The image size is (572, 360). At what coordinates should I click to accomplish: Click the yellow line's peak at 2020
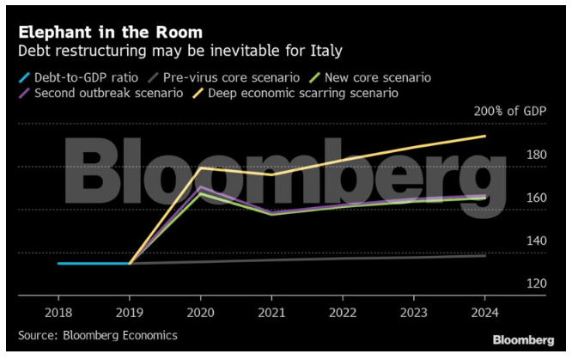tap(200, 168)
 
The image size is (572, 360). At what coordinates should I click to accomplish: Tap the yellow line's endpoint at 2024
tap(485, 136)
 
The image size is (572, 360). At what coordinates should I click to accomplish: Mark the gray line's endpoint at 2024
tap(485, 255)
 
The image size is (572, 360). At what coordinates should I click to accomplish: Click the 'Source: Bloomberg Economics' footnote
tap(98, 335)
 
